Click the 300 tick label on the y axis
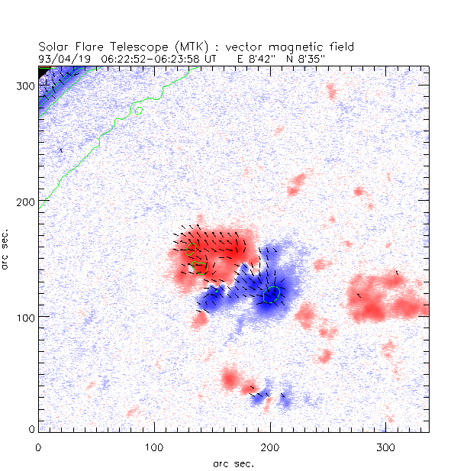click(x=25, y=85)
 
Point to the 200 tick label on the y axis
click(x=25, y=201)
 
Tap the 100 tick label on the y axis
click(x=25, y=316)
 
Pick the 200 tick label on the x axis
click(x=269, y=444)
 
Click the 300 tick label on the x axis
click(x=385, y=444)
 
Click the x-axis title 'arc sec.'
click(x=233, y=463)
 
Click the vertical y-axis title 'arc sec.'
click(x=7, y=248)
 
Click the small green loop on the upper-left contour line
click(x=138, y=111)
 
